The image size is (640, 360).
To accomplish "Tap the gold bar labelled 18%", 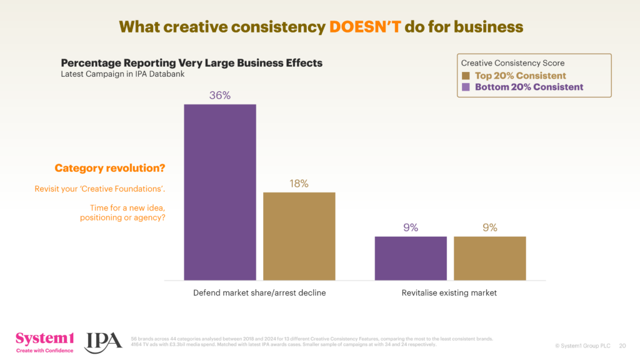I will pyautogui.click(x=299, y=236).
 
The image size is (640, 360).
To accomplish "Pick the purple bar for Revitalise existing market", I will pyautogui.click(x=411, y=257).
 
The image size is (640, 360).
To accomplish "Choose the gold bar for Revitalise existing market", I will pyautogui.click(x=489, y=257).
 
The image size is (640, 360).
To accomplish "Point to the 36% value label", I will pyautogui.click(x=220, y=96).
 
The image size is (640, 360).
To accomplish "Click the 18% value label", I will pyautogui.click(x=299, y=184).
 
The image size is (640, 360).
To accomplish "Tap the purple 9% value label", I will pyautogui.click(x=411, y=228).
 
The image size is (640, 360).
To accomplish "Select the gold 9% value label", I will pyautogui.click(x=489, y=228).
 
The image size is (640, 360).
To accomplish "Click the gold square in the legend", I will pyautogui.click(x=466, y=76).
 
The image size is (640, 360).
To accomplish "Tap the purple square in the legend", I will pyautogui.click(x=466, y=87).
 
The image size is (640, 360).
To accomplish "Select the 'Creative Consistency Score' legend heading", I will pyautogui.click(x=512, y=63).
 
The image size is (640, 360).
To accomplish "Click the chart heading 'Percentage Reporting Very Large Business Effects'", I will pyautogui.click(x=191, y=63).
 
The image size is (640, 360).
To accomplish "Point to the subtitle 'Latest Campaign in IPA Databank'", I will pyautogui.click(x=122, y=74).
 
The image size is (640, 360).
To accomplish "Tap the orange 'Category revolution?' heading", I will pyautogui.click(x=110, y=168).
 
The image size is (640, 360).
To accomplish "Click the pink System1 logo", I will pyautogui.click(x=44, y=341).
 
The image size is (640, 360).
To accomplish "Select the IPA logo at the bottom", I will pyautogui.click(x=104, y=341).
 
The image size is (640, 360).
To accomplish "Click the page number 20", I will pyautogui.click(x=622, y=345).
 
